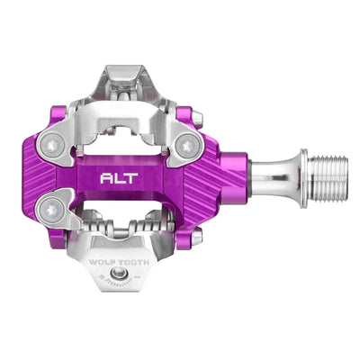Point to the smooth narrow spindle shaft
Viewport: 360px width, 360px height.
point(270,176)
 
